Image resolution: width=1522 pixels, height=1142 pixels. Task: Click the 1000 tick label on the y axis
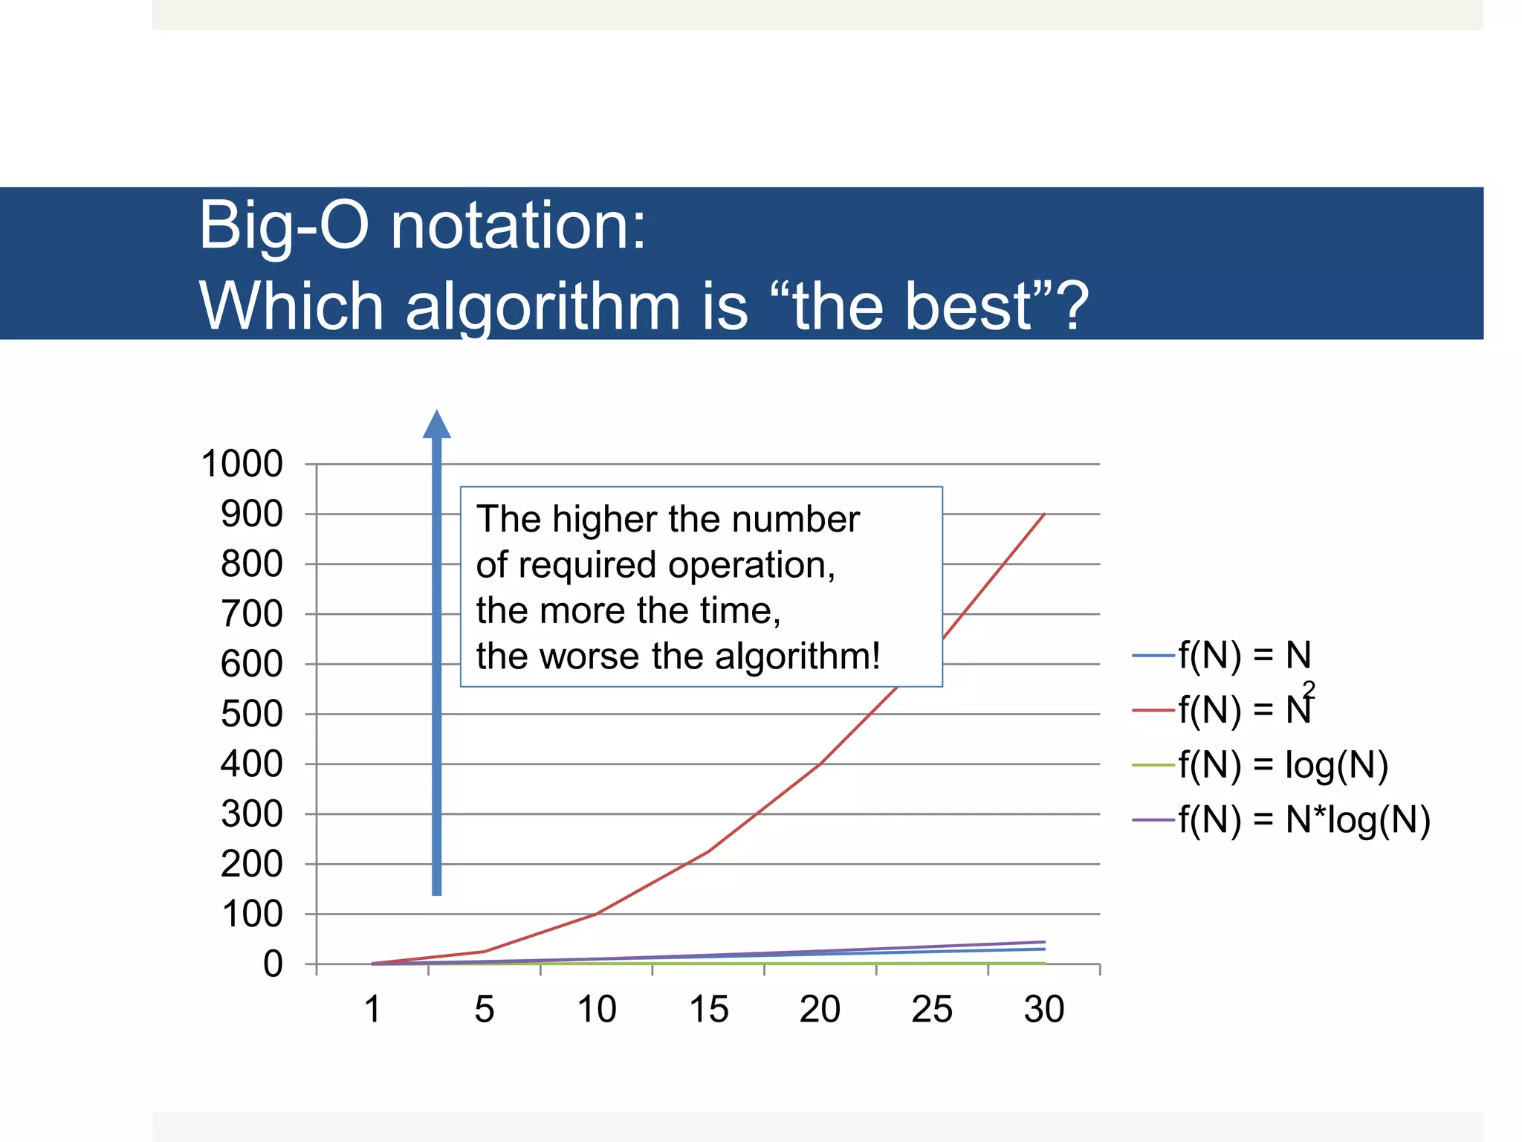(242, 464)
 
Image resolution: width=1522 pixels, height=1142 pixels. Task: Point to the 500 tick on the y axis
(252, 714)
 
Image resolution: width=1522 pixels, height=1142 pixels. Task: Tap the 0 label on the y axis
(273, 964)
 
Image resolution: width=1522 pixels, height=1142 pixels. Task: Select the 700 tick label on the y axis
(252, 614)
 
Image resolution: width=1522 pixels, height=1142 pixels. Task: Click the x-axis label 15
(708, 1010)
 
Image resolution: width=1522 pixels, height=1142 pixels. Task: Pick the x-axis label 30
(1044, 1010)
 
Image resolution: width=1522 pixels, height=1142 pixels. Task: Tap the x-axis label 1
(372, 1010)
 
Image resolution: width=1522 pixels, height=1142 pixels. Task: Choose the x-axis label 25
(932, 1010)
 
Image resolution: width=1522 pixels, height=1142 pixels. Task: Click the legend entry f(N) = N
(1245, 655)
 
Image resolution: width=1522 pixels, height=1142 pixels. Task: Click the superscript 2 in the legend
(1309, 689)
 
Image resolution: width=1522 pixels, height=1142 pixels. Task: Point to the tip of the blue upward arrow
(437, 413)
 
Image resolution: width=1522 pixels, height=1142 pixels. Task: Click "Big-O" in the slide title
(283, 225)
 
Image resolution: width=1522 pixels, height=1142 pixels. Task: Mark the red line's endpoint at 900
(1045, 514)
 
